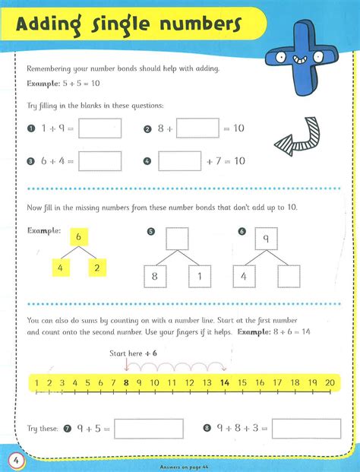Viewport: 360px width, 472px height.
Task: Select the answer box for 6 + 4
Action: (99, 161)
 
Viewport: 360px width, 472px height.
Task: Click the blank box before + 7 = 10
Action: (180, 161)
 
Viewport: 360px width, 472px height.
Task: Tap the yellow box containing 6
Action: (77, 238)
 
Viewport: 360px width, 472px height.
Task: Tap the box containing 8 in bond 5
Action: (155, 277)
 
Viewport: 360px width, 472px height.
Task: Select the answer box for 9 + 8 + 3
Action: (306, 429)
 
